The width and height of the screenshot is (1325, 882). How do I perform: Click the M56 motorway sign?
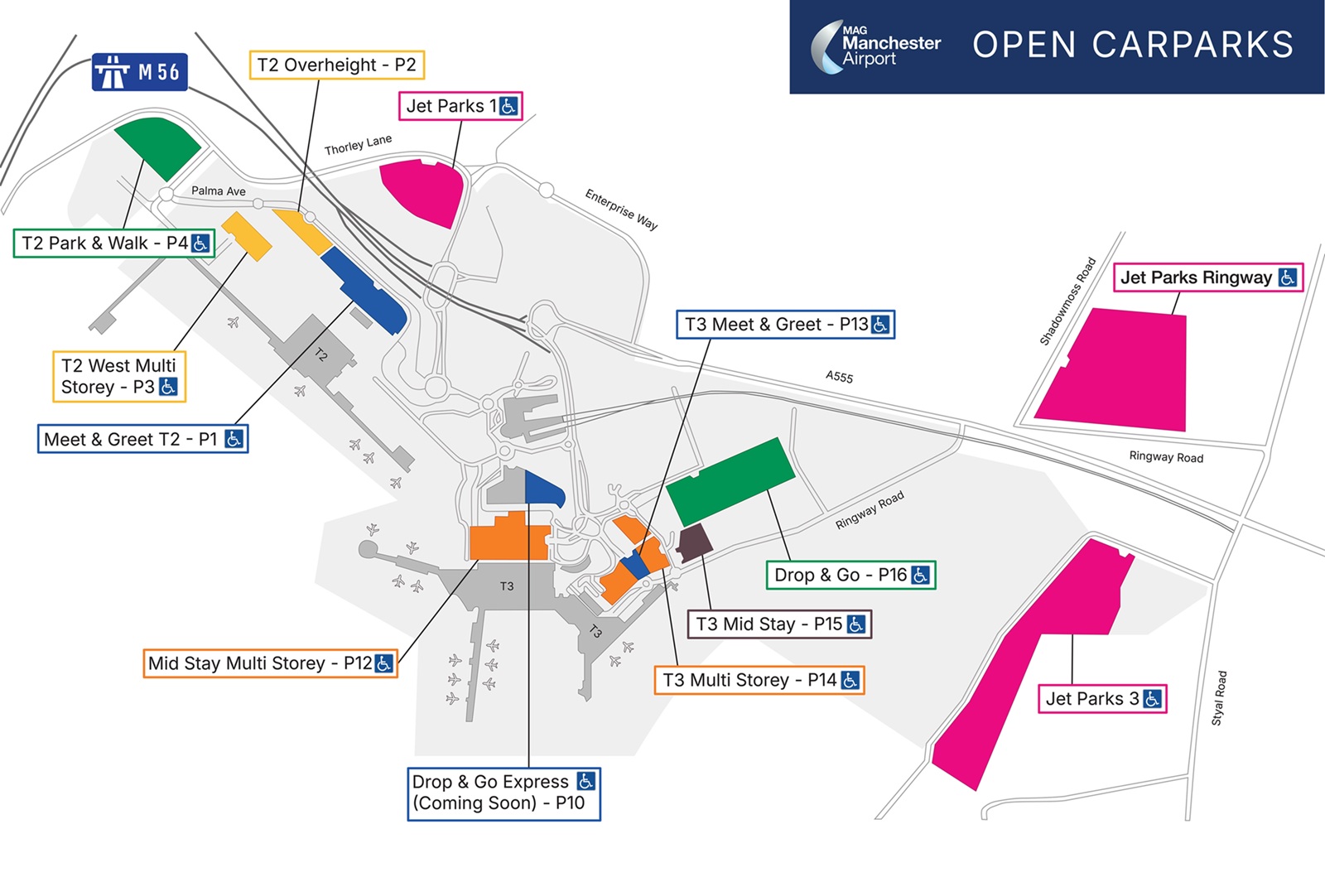tap(139, 72)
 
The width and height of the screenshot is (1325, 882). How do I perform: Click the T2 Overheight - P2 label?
tap(336, 65)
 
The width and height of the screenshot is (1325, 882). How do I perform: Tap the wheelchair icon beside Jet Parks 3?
tap(1152, 699)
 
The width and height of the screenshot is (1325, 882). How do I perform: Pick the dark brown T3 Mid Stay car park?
tap(694, 542)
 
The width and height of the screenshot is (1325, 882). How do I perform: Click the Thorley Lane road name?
tap(358, 145)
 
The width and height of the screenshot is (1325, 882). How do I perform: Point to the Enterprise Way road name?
tap(621, 209)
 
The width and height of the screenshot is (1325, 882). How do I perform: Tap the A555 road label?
tap(839, 377)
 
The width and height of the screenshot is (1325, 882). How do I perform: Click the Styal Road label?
tap(1219, 698)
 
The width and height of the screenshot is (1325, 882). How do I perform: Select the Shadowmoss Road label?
tap(1068, 301)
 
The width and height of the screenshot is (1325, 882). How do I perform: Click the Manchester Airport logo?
tap(876, 46)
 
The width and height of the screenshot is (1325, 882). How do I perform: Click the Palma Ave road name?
tap(219, 191)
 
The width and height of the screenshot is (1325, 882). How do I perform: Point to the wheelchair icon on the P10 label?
tap(585, 781)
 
